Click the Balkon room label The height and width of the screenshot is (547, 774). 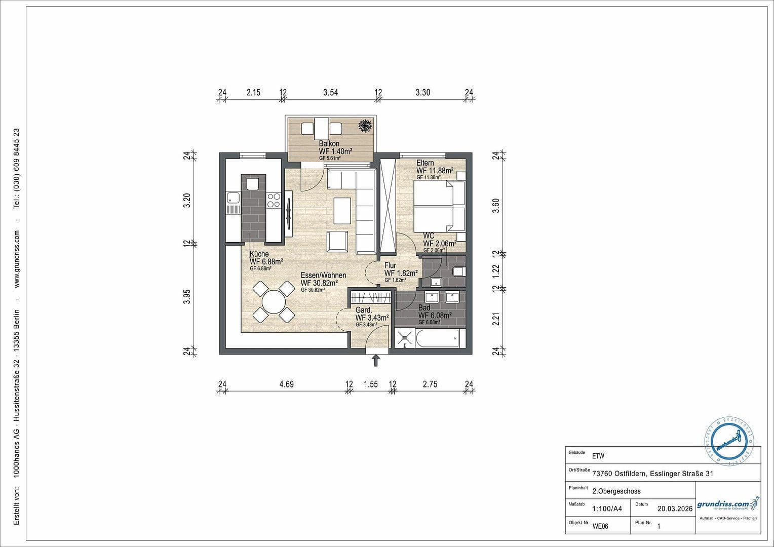[x=329, y=144]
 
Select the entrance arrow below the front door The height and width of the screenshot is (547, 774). [x=376, y=360]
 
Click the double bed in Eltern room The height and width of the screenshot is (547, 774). [x=439, y=207]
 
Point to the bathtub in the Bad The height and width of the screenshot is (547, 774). [x=437, y=338]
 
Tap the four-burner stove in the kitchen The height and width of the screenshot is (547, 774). [x=274, y=200]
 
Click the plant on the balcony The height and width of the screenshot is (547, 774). [x=364, y=125]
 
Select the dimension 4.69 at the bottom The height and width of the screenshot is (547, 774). [x=286, y=384]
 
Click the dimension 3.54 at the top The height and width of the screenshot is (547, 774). [x=330, y=92]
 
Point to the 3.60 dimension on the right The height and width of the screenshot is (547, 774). [x=496, y=206]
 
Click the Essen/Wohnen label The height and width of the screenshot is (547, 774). [x=323, y=276]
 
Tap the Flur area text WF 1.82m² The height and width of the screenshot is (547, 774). [x=401, y=273]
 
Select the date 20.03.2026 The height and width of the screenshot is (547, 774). [x=674, y=509]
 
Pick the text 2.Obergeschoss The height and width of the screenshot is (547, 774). [x=616, y=491]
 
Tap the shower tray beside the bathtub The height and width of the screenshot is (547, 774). [x=405, y=338]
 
